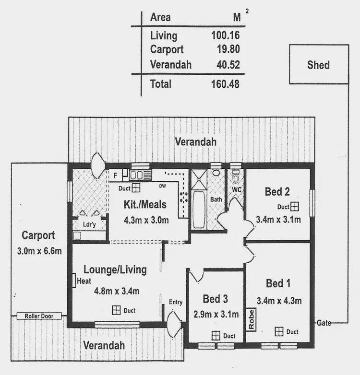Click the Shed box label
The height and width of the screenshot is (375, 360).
click(318, 65)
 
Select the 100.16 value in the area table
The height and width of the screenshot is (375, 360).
click(225, 35)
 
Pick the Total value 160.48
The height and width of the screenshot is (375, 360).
click(225, 84)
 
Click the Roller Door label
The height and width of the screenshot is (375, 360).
click(39, 316)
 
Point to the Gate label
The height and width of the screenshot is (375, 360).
click(323, 323)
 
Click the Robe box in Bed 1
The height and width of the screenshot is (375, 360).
click(251, 319)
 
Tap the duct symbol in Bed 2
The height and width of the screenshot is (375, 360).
click(295, 206)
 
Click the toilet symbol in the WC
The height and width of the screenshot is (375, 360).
click(235, 178)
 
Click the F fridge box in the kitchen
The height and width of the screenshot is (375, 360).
click(115, 176)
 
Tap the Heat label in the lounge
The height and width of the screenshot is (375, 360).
click(84, 282)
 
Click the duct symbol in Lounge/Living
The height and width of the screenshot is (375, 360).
click(116, 310)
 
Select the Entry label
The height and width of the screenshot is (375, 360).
click(176, 302)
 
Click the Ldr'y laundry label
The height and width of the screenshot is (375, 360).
click(88, 224)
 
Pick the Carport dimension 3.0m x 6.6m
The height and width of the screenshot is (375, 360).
click(38, 251)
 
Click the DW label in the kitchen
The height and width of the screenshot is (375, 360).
click(162, 187)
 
